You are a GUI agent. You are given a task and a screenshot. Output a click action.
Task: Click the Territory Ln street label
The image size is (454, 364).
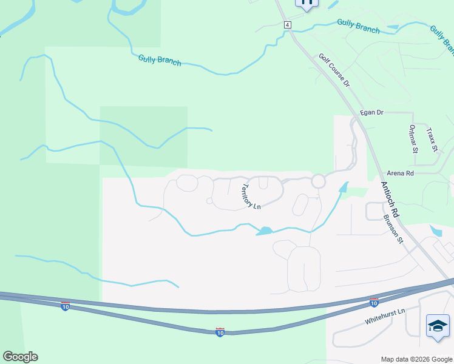click(x=251, y=197)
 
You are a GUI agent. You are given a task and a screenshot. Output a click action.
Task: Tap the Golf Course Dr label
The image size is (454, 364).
click(x=334, y=70)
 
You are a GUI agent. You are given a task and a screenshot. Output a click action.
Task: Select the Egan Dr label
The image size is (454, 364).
click(x=371, y=112)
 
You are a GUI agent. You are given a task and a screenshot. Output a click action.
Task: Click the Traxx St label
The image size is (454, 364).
click(x=432, y=139)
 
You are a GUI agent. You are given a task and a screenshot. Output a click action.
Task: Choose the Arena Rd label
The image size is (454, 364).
click(x=401, y=173)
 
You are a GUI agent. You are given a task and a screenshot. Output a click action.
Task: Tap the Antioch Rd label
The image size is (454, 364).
click(x=390, y=200)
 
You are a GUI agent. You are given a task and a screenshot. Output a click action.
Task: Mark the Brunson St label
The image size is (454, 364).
click(x=393, y=228)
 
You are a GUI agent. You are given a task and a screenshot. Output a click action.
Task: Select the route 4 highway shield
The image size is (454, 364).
click(x=287, y=25)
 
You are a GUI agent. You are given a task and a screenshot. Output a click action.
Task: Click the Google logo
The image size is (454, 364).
click(x=20, y=357)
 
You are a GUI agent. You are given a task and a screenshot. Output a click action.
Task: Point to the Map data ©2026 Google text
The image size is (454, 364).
click(x=416, y=359)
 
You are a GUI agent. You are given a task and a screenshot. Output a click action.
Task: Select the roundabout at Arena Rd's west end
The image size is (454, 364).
click(x=319, y=181)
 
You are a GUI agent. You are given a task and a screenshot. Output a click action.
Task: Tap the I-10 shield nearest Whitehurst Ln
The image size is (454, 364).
click(x=374, y=302)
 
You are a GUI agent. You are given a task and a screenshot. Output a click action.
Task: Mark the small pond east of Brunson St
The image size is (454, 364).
click(x=436, y=231)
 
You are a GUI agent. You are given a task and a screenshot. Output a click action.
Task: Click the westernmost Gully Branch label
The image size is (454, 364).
click(x=159, y=60)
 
